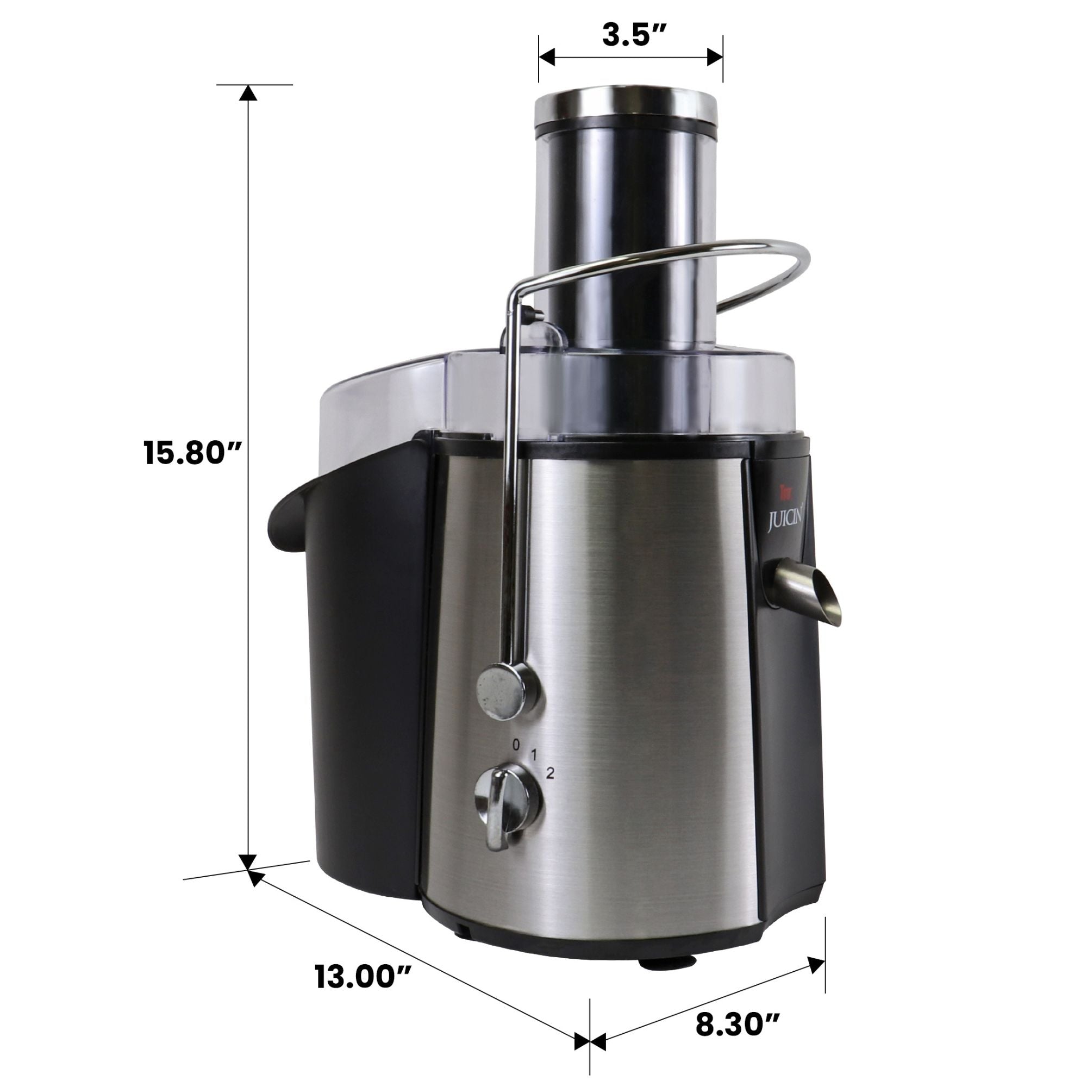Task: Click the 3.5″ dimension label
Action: point(629,35)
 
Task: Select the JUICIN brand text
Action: point(788,523)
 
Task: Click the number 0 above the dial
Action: point(516,745)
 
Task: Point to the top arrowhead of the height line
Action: point(248,93)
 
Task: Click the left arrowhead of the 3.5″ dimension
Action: point(547,57)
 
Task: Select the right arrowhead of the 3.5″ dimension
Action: point(715,57)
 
